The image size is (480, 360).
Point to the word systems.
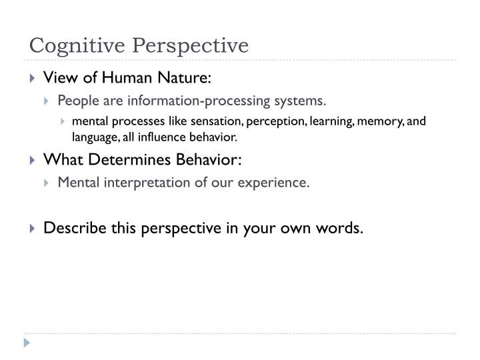[304, 101]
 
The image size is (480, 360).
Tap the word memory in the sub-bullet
[393, 121]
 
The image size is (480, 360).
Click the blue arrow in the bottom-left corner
[27, 343]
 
